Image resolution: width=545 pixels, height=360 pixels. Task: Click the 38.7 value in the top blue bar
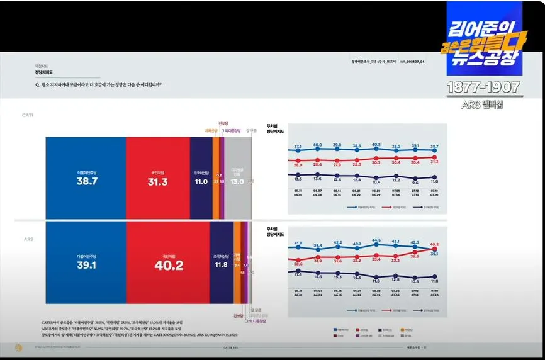86,181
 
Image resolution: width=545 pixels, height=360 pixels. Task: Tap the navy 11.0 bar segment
201,181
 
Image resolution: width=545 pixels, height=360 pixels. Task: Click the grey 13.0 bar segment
237,181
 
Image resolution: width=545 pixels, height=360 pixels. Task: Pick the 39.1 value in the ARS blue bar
86,265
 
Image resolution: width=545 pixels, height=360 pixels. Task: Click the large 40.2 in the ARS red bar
168,266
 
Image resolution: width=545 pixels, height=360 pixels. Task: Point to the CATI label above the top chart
28,115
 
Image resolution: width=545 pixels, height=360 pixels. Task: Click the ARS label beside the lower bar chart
28,240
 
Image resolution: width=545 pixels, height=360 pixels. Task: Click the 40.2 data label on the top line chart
376,145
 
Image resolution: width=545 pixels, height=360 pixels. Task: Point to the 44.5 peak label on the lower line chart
376,240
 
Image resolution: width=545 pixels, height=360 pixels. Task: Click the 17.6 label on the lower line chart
298,274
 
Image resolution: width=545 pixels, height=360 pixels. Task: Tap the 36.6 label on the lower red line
415,256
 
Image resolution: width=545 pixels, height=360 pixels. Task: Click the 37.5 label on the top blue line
298,146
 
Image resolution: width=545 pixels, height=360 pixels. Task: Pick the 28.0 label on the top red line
298,164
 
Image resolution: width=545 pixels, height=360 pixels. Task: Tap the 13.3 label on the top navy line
298,179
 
